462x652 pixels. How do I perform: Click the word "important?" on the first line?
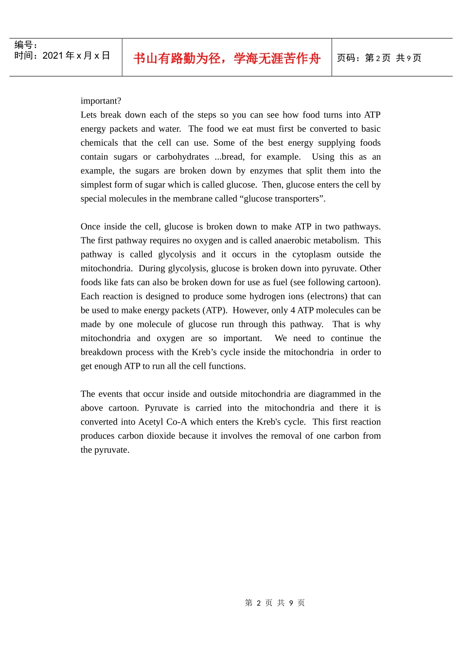pyautogui.click(x=101, y=101)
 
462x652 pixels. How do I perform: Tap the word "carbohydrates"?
pyautogui.click(x=182, y=157)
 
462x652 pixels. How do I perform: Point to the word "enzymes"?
pyautogui.click(x=266, y=171)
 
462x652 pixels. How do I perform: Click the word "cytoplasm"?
pyautogui.click(x=311, y=255)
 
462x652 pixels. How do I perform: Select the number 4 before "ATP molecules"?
pyautogui.click(x=293, y=310)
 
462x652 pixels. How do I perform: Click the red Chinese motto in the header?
pyautogui.click(x=227, y=58)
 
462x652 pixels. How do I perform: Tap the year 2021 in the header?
pyautogui.click(x=53, y=56)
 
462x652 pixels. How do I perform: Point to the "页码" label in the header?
pyautogui.click(x=346, y=58)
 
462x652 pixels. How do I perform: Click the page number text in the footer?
pyautogui.click(x=275, y=603)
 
